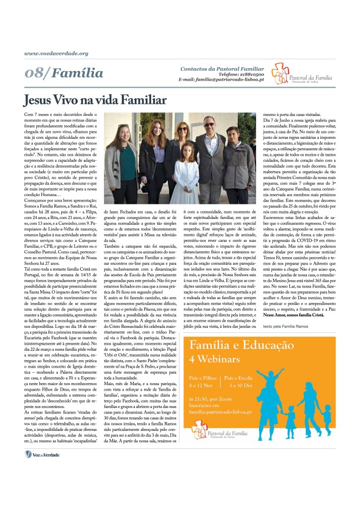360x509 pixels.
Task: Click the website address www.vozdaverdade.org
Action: pos(56,53)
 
